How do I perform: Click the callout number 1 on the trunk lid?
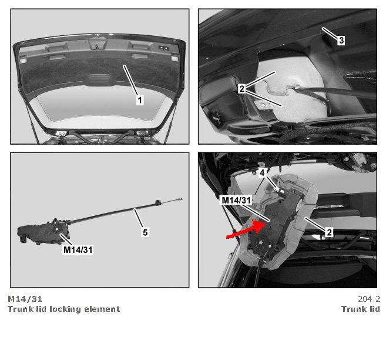click(x=140, y=100)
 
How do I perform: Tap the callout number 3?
click(x=341, y=40)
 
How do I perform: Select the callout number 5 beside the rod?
click(x=145, y=232)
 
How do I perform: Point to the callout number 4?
click(x=262, y=173)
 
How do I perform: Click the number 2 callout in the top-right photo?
click(x=241, y=89)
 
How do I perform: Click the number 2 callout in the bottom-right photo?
click(x=329, y=232)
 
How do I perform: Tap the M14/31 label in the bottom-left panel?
click(x=78, y=249)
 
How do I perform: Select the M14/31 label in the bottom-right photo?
click(x=236, y=200)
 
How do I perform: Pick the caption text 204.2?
click(x=369, y=299)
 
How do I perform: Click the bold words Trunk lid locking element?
click(x=64, y=309)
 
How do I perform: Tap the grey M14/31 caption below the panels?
click(x=25, y=299)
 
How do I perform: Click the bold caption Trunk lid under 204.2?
click(x=360, y=309)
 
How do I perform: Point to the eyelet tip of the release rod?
click(x=180, y=199)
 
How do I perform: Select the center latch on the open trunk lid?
click(x=98, y=45)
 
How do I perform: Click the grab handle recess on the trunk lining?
click(x=99, y=79)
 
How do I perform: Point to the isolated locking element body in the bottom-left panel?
click(x=43, y=232)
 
